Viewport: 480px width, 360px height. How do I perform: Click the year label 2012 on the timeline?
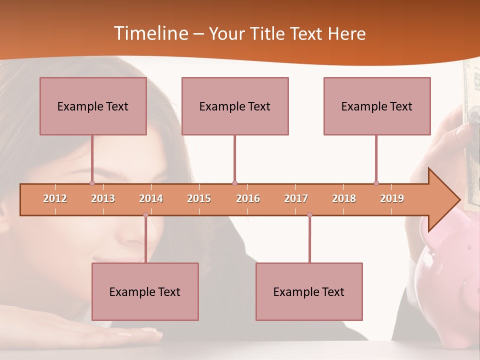click(x=55, y=198)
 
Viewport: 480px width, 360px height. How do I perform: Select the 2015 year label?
click(x=199, y=198)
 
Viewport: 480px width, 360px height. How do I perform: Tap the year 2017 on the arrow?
click(x=296, y=198)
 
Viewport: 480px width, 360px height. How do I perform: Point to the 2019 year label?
click(x=392, y=198)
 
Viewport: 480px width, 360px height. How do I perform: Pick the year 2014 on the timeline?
click(x=151, y=198)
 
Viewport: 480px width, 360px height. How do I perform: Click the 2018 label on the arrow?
click(x=344, y=198)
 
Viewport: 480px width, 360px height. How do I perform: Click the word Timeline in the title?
click(x=150, y=33)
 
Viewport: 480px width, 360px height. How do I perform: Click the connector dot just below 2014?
click(x=145, y=215)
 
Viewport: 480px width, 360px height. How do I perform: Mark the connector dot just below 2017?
click(x=309, y=215)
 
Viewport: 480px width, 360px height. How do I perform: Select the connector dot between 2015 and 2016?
click(x=234, y=183)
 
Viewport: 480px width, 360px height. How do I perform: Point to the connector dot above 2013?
click(x=92, y=183)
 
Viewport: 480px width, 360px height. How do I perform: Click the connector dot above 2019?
click(x=376, y=183)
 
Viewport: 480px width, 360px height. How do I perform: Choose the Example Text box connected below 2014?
click(x=145, y=291)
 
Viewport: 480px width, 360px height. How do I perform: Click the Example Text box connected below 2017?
click(x=309, y=291)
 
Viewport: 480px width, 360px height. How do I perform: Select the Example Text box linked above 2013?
click(x=93, y=106)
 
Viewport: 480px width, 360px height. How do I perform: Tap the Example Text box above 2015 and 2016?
click(x=235, y=106)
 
